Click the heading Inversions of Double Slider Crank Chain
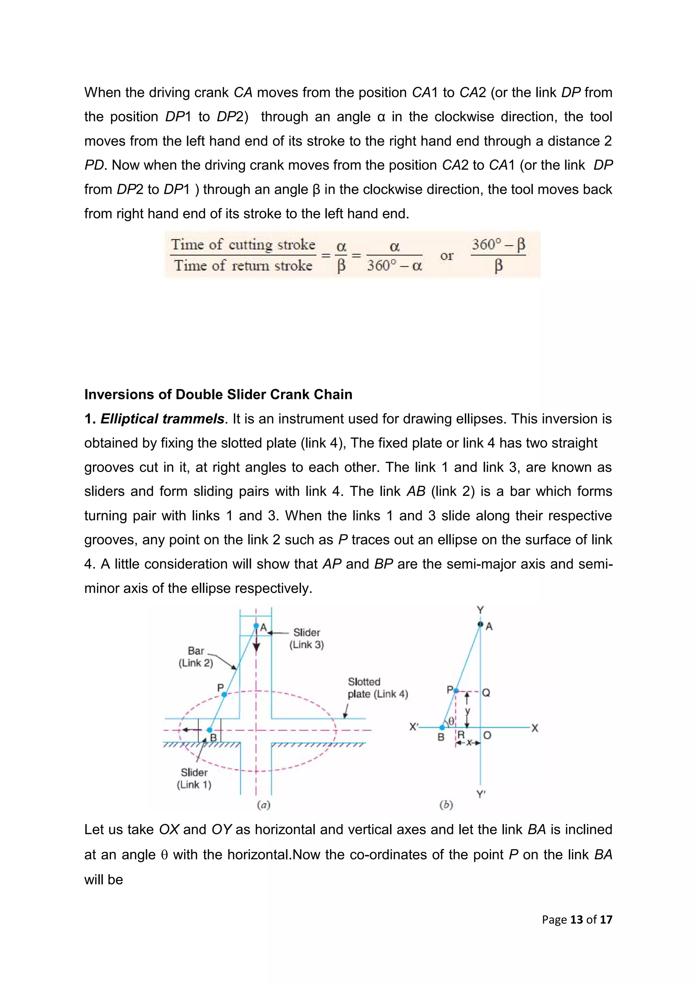point(218,394)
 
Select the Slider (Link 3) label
point(306,638)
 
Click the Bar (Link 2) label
point(196,657)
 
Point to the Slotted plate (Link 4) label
point(377,688)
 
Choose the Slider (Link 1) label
point(194,778)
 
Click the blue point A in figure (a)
point(256,626)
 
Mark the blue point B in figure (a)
point(209,730)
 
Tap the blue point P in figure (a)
point(224,694)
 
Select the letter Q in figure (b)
point(486,693)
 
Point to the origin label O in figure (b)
point(487,736)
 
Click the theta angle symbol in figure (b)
point(451,722)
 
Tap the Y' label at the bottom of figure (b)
point(481,794)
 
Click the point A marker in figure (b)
point(480,624)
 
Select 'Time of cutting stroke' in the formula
point(243,245)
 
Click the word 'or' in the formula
point(447,256)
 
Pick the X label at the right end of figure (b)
point(534,728)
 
